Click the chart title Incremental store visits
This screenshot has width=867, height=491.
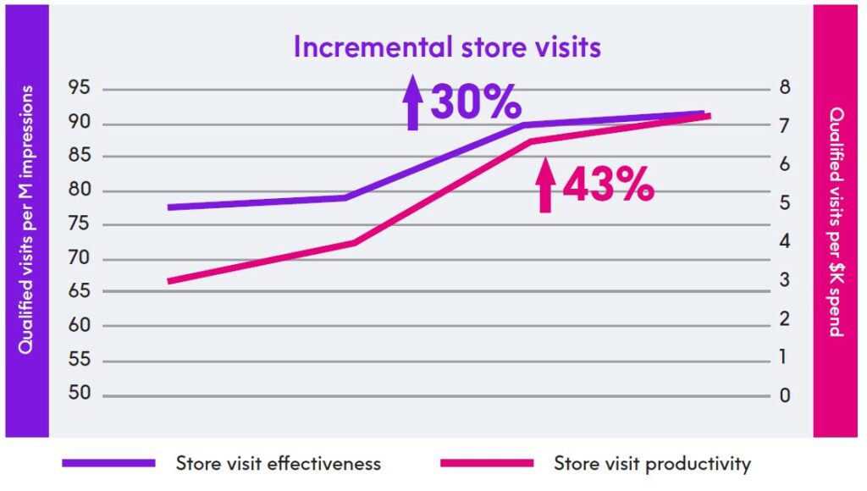pos(447,47)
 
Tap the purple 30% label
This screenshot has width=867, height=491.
pos(475,103)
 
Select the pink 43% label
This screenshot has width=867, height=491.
pos(608,184)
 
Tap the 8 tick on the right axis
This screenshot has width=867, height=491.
pos(784,88)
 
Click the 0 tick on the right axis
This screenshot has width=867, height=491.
pos(784,395)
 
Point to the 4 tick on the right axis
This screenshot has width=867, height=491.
pos(784,242)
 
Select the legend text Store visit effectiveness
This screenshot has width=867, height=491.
pos(279,463)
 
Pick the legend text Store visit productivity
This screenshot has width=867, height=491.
pos(652,463)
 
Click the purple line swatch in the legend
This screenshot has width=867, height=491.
pos(109,463)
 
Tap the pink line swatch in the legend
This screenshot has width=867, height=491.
pos(488,463)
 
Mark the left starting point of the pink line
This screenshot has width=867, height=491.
pos(168,281)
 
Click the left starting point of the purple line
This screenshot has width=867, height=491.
pos(168,207)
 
